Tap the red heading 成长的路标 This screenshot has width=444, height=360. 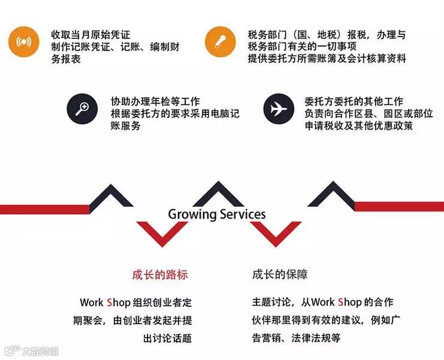[x=160, y=275]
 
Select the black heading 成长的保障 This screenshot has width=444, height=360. [x=280, y=275]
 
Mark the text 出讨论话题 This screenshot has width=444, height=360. [x=168, y=338]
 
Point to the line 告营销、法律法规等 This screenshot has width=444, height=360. [x=296, y=338]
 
